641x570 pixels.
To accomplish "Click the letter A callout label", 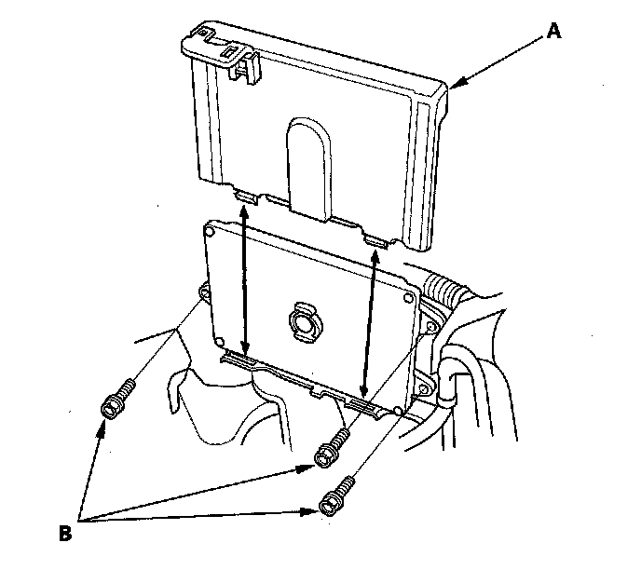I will pos(554,31).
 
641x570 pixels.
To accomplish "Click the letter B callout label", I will pos(65,534).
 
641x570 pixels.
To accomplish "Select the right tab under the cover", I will pos(376,240).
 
